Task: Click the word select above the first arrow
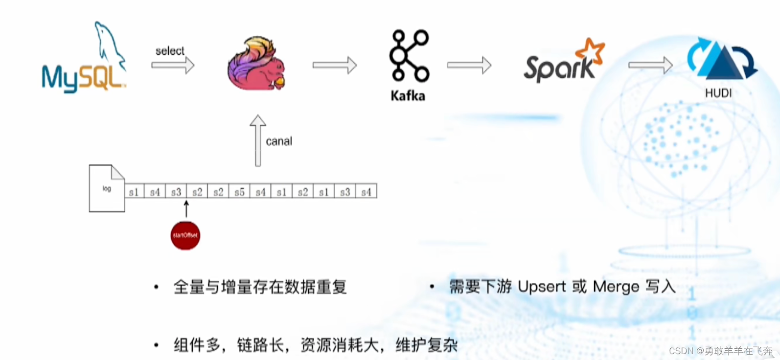pos(170,51)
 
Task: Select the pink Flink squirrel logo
pos(256,64)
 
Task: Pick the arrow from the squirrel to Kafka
pos(335,65)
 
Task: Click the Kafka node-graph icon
pos(409,55)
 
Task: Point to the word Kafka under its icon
pos(408,96)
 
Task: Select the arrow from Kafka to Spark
pos(469,65)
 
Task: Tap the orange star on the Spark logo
pos(591,51)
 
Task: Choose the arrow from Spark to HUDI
pos(650,65)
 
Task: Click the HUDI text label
pos(718,93)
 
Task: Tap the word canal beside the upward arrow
pos(279,141)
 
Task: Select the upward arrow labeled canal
pos(258,141)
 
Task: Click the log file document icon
pos(107,188)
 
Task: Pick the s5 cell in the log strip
pos(239,192)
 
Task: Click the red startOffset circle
pos(185,235)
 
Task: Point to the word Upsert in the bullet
pos(542,287)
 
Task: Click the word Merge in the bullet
pos(616,287)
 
